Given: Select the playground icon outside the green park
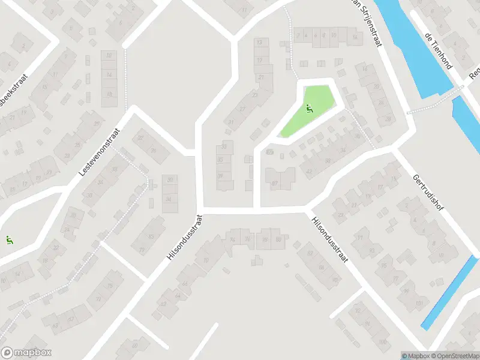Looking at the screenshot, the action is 9,241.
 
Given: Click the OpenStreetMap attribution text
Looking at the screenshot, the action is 454,356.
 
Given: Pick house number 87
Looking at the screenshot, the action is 275,184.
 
